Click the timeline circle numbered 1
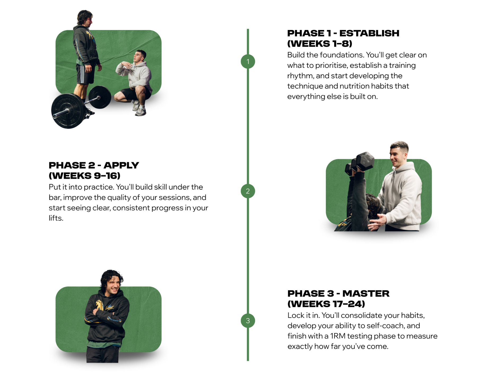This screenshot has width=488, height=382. coord(248,62)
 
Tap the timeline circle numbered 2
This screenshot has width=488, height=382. coord(248,191)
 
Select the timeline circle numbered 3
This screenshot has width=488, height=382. coord(248,320)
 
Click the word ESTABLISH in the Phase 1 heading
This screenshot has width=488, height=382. coord(369,33)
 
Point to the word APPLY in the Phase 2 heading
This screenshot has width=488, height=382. coord(121,165)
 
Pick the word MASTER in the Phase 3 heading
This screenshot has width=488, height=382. coord(366,293)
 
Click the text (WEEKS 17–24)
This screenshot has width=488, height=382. coord(326,304)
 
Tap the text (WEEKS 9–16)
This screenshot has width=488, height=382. coord(84,176)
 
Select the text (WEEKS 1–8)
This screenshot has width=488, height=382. coord(320,44)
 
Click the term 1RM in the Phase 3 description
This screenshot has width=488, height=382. coord(338,336)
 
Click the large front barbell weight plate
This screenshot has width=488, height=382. coord(69,111)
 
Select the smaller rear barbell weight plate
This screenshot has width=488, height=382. coord(99,97)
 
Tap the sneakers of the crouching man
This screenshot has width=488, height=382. coord(139,109)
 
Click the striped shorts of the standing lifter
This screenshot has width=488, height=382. coord(85,74)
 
